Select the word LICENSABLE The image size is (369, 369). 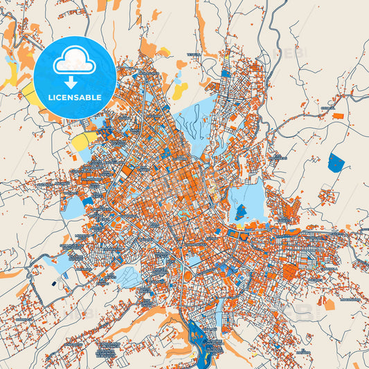coord(74,97)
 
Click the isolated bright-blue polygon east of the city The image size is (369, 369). coord(336,163)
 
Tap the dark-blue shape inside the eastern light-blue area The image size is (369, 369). coord(240,211)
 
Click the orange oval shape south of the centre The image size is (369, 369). coord(188,276)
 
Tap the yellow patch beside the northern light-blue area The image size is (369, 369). coord(179,91)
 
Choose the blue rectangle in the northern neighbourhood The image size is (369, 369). coord(226,73)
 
